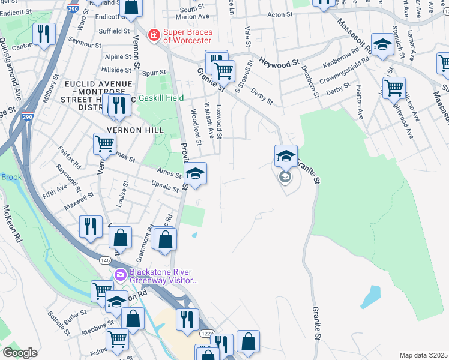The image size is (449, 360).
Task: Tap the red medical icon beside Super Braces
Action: (x=154, y=35)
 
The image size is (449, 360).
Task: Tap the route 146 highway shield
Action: (x=104, y=260)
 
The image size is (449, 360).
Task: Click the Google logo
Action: (x=20, y=353)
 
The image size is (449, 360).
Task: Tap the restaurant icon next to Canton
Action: (x=44, y=34)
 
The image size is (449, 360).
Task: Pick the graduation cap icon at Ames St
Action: (x=195, y=174)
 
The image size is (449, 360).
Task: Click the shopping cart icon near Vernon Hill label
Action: (x=104, y=144)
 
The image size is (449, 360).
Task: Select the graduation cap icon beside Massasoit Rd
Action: (x=382, y=44)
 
